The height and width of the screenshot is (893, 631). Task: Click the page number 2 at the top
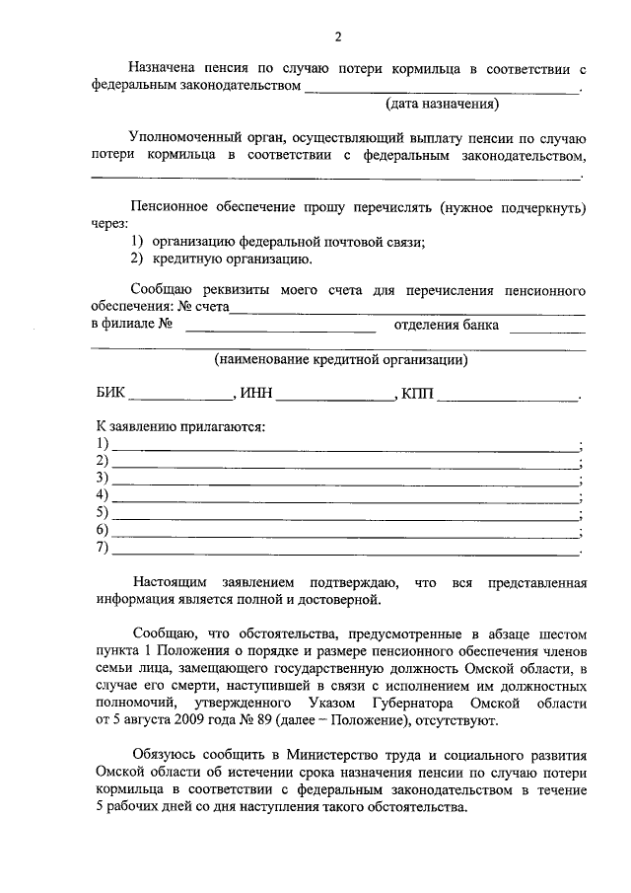click(337, 38)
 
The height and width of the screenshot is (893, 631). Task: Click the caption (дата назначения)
click(441, 103)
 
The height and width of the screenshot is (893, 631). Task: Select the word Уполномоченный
click(184, 136)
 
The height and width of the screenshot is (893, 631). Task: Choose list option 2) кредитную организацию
click(222, 260)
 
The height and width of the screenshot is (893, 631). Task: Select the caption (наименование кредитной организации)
click(341, 360)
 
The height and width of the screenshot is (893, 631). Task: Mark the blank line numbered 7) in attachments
click(345, 553)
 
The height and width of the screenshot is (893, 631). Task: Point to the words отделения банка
click(446, 325)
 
